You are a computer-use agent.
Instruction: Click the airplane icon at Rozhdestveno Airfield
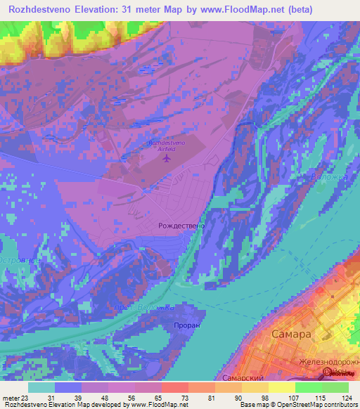point(167,157)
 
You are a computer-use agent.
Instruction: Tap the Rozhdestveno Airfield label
point(166,145)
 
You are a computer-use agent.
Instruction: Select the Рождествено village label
point(181,226)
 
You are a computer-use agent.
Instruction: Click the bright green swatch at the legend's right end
point(335,387)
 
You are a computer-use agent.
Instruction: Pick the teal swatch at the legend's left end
point(41,387)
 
